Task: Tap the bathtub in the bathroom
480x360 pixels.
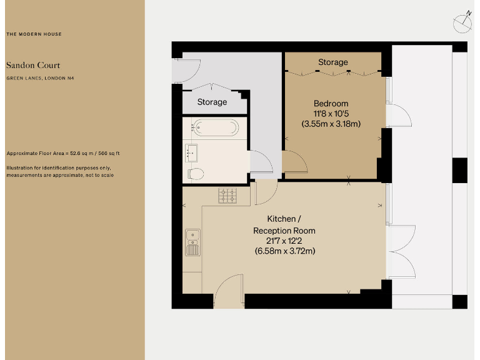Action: click(x=214, y=128)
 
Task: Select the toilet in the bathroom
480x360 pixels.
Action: click(x=195, y=172)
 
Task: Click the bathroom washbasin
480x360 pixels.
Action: click(x=191, y=151)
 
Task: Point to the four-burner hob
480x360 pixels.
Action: click(x=227, y=196)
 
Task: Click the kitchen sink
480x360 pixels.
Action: click(x=192, y=241)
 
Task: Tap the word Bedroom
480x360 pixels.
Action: click(x=331, y=103)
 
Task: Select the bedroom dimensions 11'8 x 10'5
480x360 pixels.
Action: click(x=331, y=113)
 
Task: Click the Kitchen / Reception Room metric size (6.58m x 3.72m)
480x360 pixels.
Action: click(x=284, y=251)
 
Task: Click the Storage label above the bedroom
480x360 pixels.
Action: click(x=332, y=62)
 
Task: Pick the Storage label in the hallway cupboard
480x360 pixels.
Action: click(x=212, y=102)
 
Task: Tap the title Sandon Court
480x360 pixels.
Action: click(x=33, y=65)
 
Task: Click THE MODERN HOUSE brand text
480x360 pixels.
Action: click(x=34, y=34)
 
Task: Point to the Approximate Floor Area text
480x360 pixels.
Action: click(x=62, y=153)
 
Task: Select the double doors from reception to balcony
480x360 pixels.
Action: click(x=402, y=251)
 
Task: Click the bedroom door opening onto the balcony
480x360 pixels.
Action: click(x=397, y=114)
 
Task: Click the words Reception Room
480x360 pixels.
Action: click(x=284, y=230)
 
